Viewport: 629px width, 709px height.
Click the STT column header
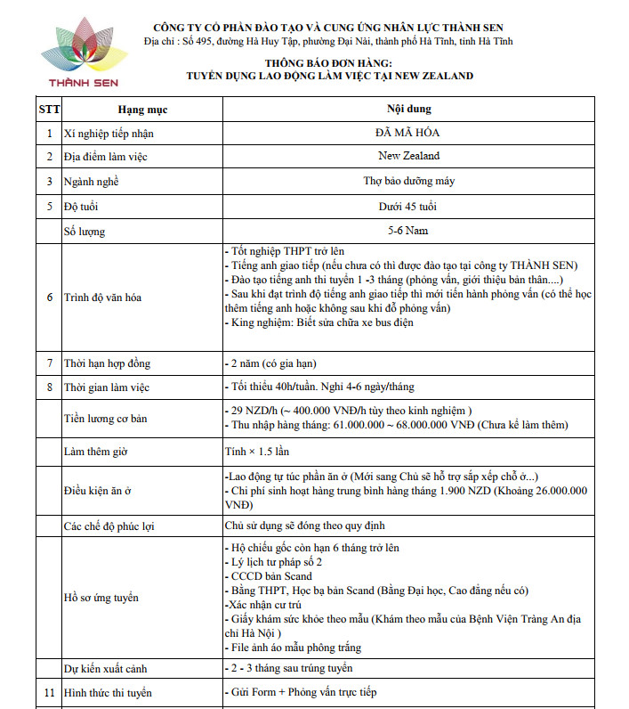49,110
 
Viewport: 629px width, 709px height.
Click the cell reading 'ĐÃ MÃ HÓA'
408,133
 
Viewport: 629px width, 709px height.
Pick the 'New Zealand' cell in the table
408,156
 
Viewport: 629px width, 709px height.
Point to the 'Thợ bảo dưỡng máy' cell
408,181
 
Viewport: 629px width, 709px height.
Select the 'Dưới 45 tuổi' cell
408,207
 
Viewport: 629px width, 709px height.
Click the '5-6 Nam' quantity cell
408,232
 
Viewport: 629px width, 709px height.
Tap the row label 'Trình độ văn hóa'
102,297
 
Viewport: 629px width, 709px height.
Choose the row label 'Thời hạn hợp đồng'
107,363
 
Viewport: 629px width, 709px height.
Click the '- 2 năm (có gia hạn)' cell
270,363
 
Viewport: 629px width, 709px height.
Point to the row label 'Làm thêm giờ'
96,451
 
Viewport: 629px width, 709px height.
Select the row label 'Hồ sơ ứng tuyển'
101,598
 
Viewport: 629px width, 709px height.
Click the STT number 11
49,692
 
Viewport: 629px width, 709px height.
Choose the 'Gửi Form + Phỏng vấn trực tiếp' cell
301,692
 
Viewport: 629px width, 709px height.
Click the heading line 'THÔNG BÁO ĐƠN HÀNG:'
328,63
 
